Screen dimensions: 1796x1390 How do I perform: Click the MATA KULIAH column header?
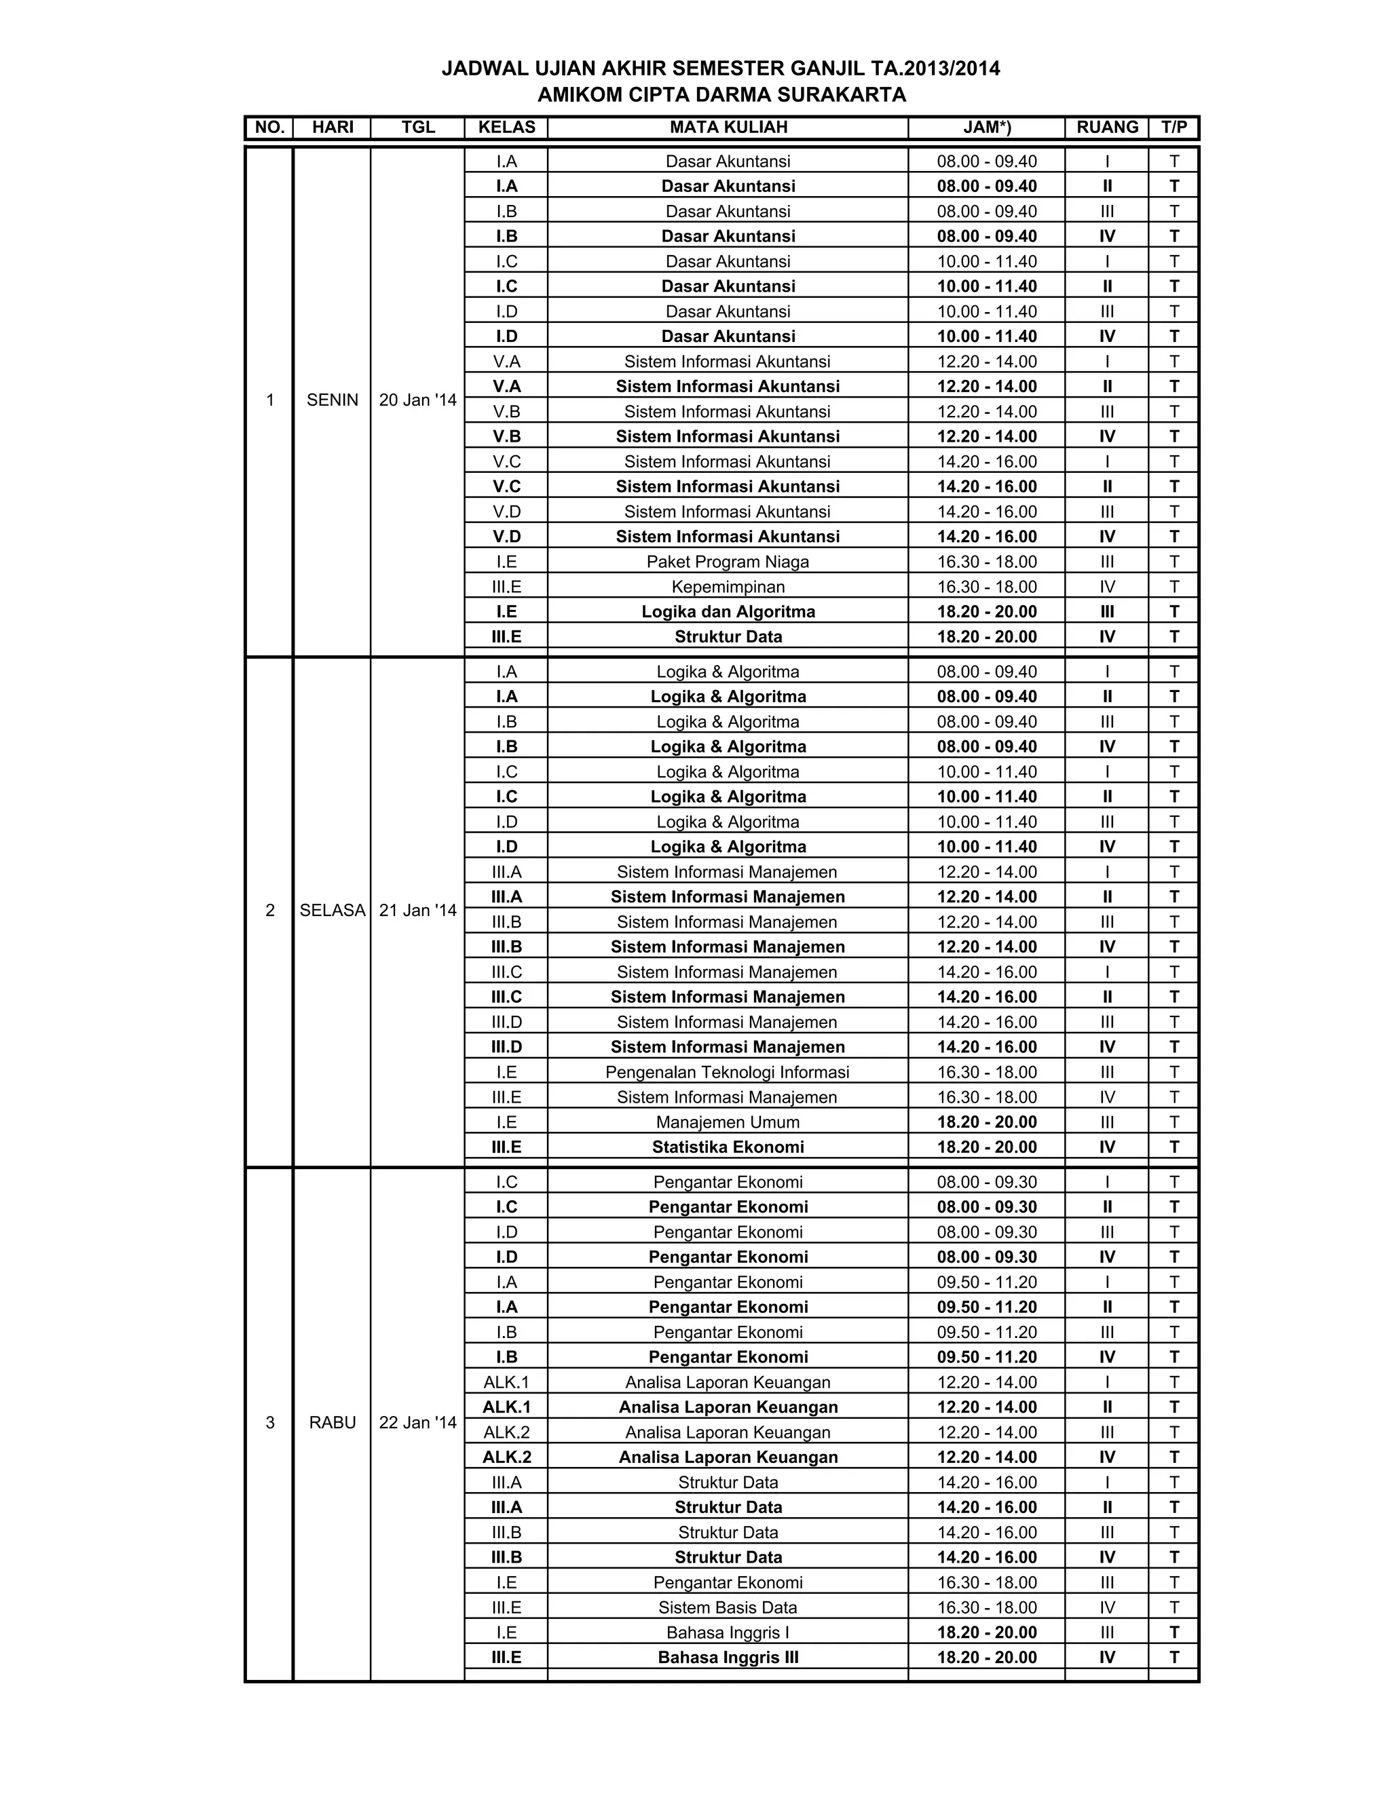(728, 128)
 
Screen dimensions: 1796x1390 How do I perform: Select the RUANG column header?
(1107, 128)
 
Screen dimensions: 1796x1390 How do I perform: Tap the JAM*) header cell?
(986, 128)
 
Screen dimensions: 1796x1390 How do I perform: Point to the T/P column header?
(1173, 128)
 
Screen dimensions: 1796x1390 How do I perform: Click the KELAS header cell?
(506, 128)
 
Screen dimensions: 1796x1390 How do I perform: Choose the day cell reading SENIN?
(333, 400)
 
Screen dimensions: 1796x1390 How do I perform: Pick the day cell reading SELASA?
(333, 911)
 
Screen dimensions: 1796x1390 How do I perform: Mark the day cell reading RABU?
(333, 1423)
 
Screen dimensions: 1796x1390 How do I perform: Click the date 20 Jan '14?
(418, 400)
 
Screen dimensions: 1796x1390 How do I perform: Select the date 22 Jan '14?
(418, 1423)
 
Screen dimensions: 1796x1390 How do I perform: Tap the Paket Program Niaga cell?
(728, 562)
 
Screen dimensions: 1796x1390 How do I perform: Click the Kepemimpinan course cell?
(728, 587)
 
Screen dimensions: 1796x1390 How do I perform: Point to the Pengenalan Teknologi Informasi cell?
(728, 1072)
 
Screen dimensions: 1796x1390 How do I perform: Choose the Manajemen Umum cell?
(728, 1122)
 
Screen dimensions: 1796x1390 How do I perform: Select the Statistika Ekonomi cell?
(728, 1147)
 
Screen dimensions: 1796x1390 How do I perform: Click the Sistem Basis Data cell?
(728, 1607)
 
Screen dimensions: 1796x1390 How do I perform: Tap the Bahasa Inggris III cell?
(728, 1658)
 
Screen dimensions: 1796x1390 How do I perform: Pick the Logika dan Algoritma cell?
(728, 612)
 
